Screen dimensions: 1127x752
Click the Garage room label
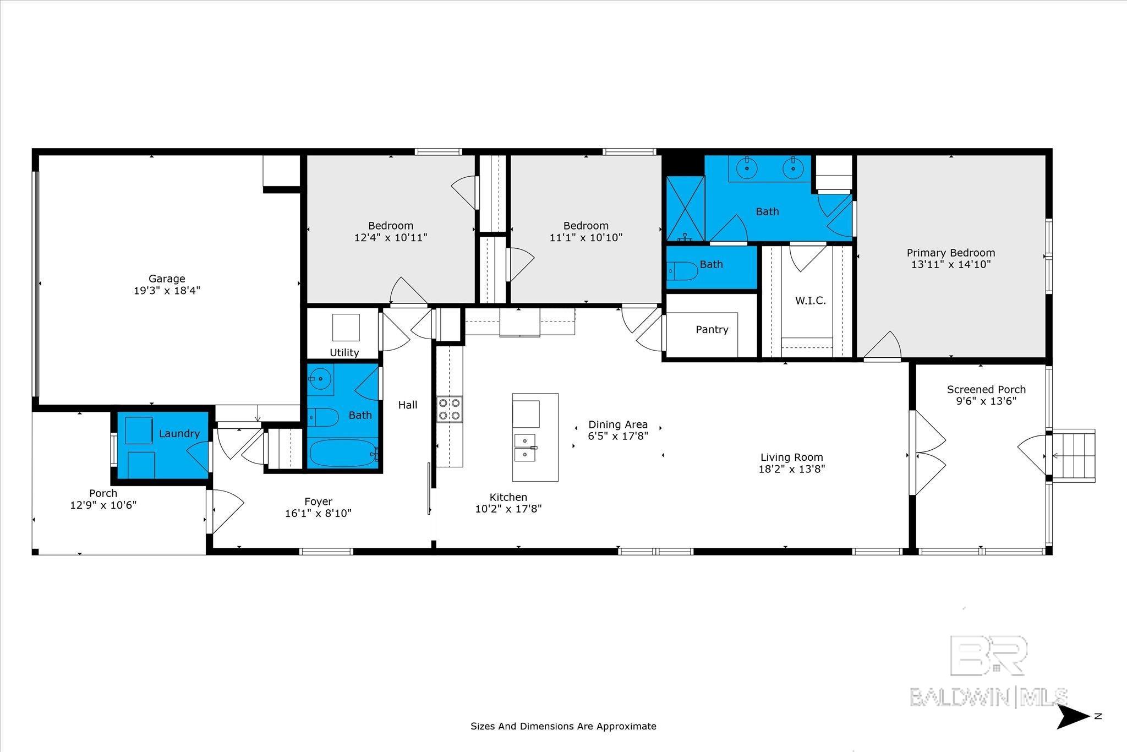click(x=167, y=279)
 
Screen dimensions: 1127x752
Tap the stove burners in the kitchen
click(x=449, y=410)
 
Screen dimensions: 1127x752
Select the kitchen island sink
click(x=525, y=448)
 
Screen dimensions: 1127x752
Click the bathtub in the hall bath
click(x=343, y=453)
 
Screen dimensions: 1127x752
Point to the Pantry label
click(x=712, y=329)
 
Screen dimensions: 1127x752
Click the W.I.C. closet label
click(x=811, y=301)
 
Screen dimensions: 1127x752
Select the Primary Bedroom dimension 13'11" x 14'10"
click(x=951, y=264)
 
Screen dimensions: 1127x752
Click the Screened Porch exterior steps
click(x=1073, y=456)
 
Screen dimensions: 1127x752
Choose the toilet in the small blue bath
click(x=682, y=271)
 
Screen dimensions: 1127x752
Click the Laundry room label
click(x=179, y=433)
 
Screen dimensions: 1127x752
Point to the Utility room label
click(x=344, y=352)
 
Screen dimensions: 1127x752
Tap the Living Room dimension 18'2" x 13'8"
click(x=791, y=469)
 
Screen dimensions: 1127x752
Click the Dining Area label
click(x=618, y=424)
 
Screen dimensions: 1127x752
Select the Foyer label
click(x=318, y=502)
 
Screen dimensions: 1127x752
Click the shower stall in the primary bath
click(x=685, y=209)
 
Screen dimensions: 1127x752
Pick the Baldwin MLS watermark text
click(x=988, y=697)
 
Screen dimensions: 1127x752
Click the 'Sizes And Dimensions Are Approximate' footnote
click(x=563, y=726)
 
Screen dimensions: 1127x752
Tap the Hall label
click(x=408, y=405)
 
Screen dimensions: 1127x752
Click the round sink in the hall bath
click(x=319, y=379)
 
